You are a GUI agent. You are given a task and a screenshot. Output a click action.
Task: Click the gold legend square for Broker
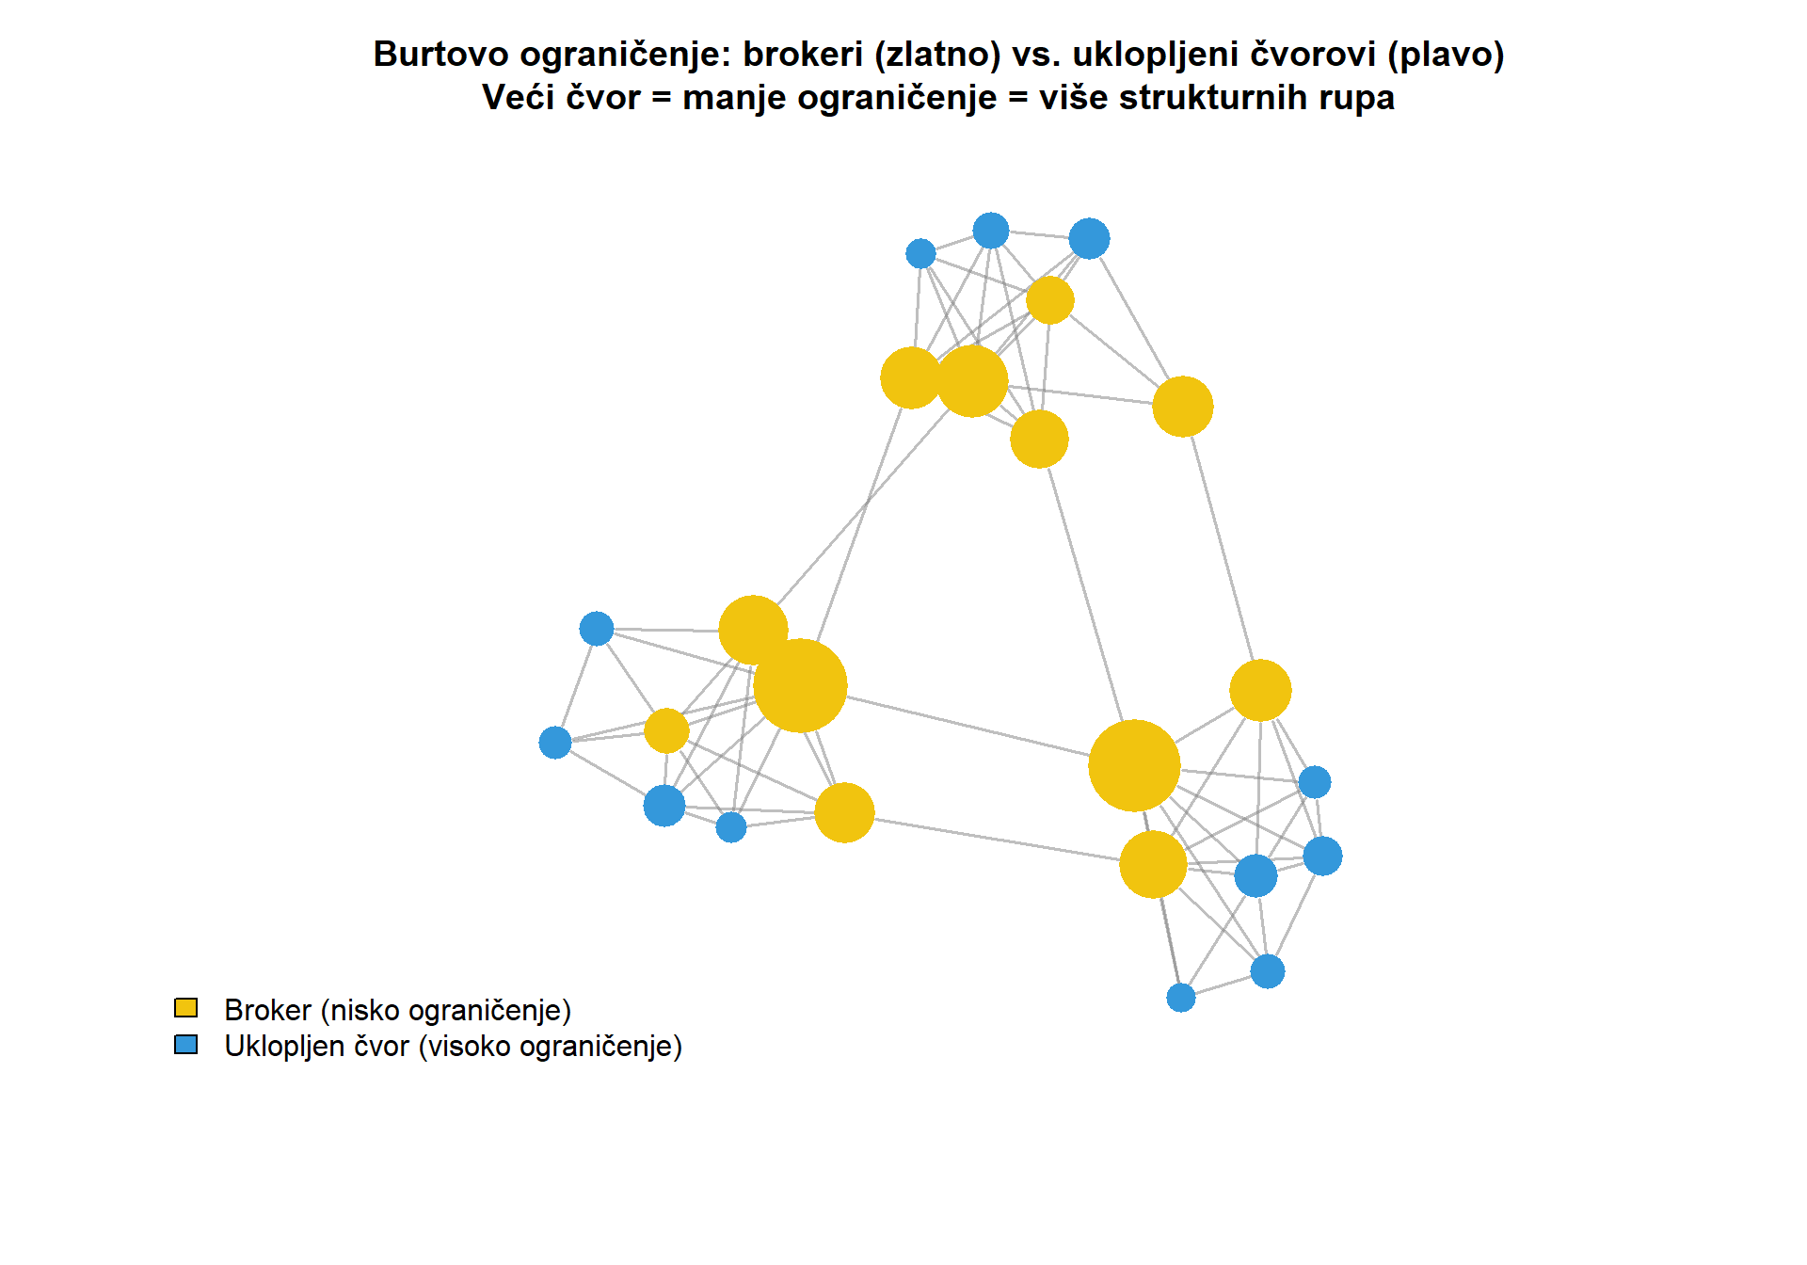pyautogui.click(x=186, y=1008)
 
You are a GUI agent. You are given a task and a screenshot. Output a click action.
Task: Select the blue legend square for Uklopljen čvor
pyautogui.click(x=186, y=1045)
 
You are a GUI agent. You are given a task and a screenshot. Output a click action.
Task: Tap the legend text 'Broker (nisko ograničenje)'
pyautogui.click(x=397, y=1010)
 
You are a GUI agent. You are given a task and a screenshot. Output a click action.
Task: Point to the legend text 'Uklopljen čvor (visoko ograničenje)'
pyautogui.click(x=453, y=1046)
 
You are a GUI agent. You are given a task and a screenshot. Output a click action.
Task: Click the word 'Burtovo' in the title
pyautogui.click(x=440, y=55)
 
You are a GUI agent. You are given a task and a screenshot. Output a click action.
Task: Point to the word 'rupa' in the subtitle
pyautogui.click(x=1356, y=97)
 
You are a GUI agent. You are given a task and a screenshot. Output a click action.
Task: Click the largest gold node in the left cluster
pyautogui.click(x=800, y=685)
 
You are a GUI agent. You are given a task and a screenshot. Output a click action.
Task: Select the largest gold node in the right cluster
pyautogui.click(x=1134, y=765)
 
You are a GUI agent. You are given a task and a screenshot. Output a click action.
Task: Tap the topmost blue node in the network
pyautogui.click(x=991, y=231)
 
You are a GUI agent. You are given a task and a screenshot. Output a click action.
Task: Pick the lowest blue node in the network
pyautogui.click(x=1181, y=998)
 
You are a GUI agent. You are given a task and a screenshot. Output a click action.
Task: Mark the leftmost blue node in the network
pyautogui.click(x=555, y=743)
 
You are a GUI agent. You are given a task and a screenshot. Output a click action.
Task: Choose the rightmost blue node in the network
pyautogui.click(x=1322, y=857)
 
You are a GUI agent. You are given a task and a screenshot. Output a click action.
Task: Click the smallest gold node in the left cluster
pyautogui.click(x=666, y=731)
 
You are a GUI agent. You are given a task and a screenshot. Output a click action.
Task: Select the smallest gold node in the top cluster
pyautogui.click(x=1050, y=300)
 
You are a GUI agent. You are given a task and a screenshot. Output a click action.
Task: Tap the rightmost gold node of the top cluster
pyautogui.click(x=1183, y=407)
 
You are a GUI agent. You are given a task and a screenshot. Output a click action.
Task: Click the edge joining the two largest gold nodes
pyautogui.click(x=969, y=726)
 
